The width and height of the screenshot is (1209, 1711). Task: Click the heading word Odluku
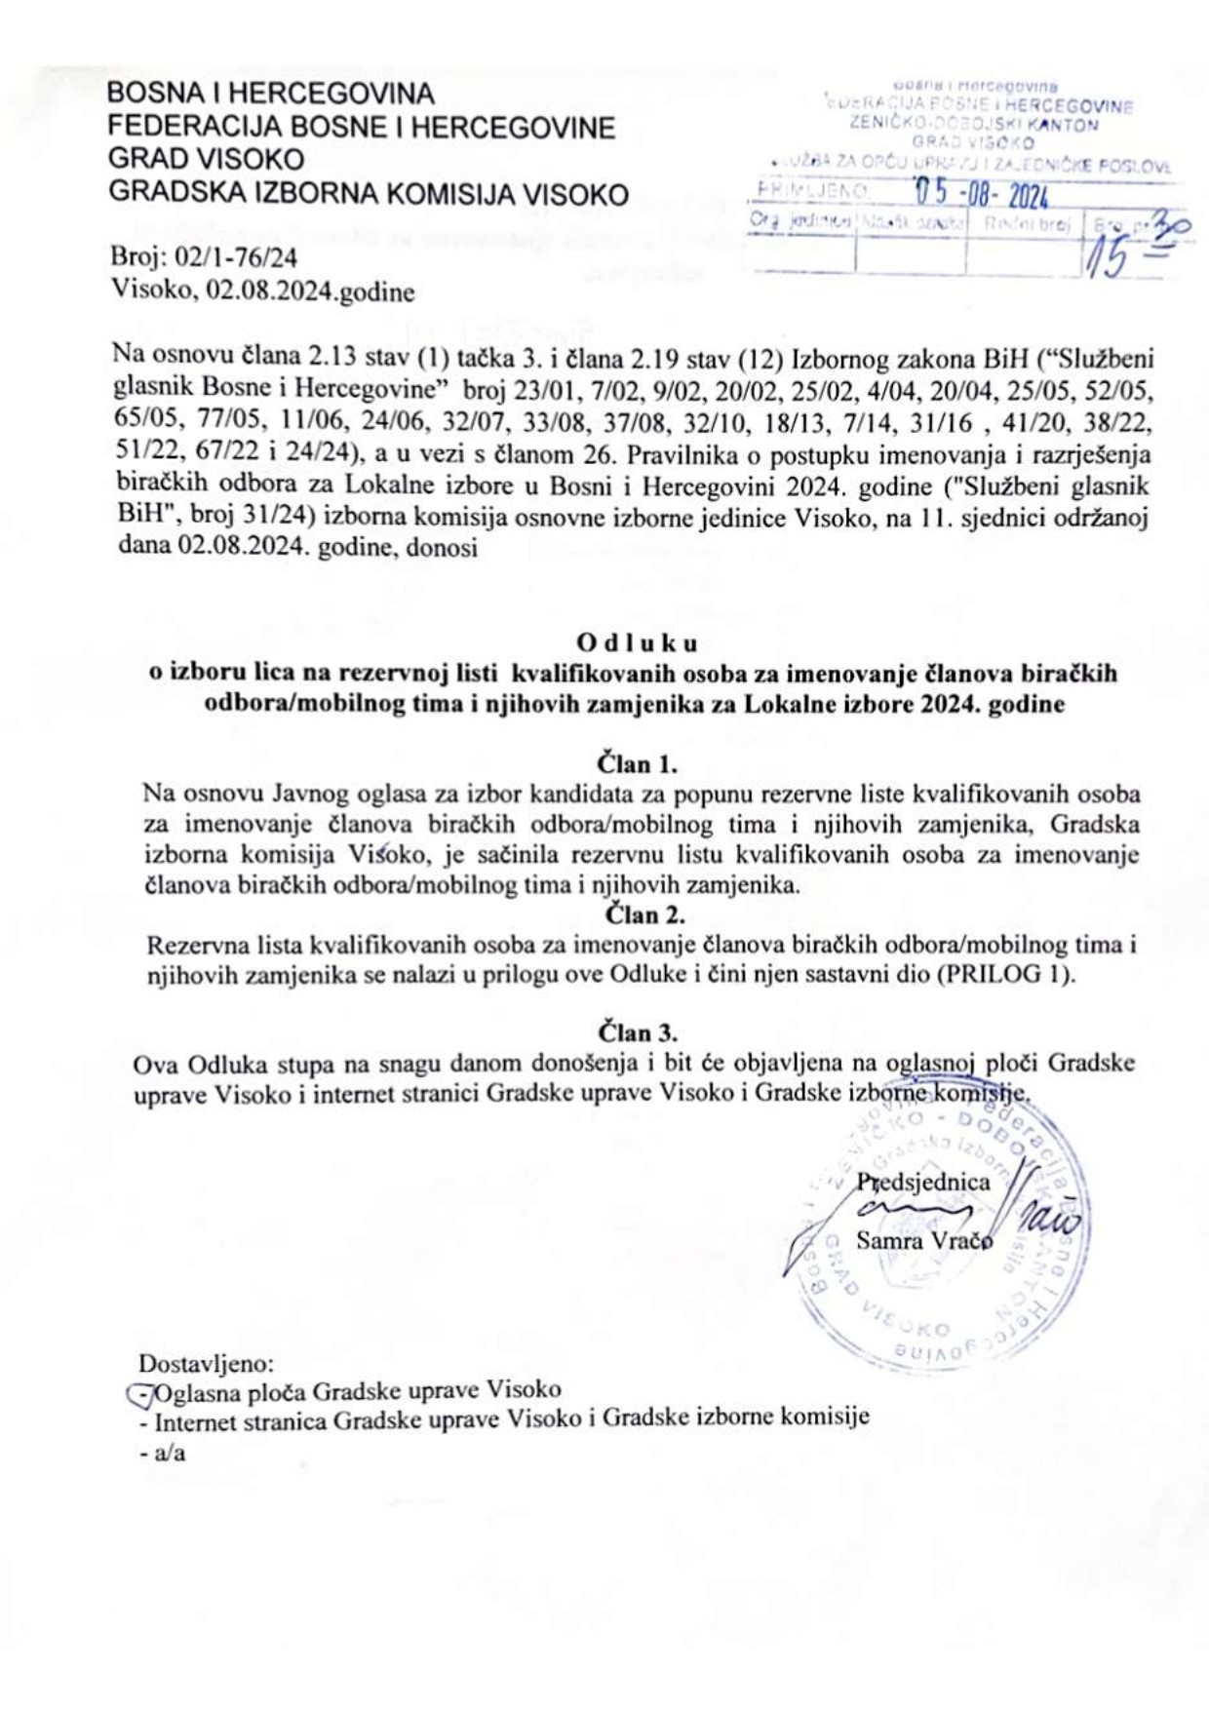coord(637,643)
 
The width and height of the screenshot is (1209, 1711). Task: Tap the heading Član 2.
coord(644,914)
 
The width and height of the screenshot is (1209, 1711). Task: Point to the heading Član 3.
coord(637,1032)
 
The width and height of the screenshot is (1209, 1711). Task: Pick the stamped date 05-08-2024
coord(976,195)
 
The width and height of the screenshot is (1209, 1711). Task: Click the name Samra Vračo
coord(923,1241)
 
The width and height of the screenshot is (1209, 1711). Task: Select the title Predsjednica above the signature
coord(923,1183)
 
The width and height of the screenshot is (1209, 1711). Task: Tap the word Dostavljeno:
coord(207,1363)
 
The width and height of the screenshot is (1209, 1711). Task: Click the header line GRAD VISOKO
coord(207,160)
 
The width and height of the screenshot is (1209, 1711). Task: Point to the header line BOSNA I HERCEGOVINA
coord(271,94)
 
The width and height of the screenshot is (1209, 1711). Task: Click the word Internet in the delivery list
coord(191,1420)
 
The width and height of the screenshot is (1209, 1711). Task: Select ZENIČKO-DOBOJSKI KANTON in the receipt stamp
coord(973,124)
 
